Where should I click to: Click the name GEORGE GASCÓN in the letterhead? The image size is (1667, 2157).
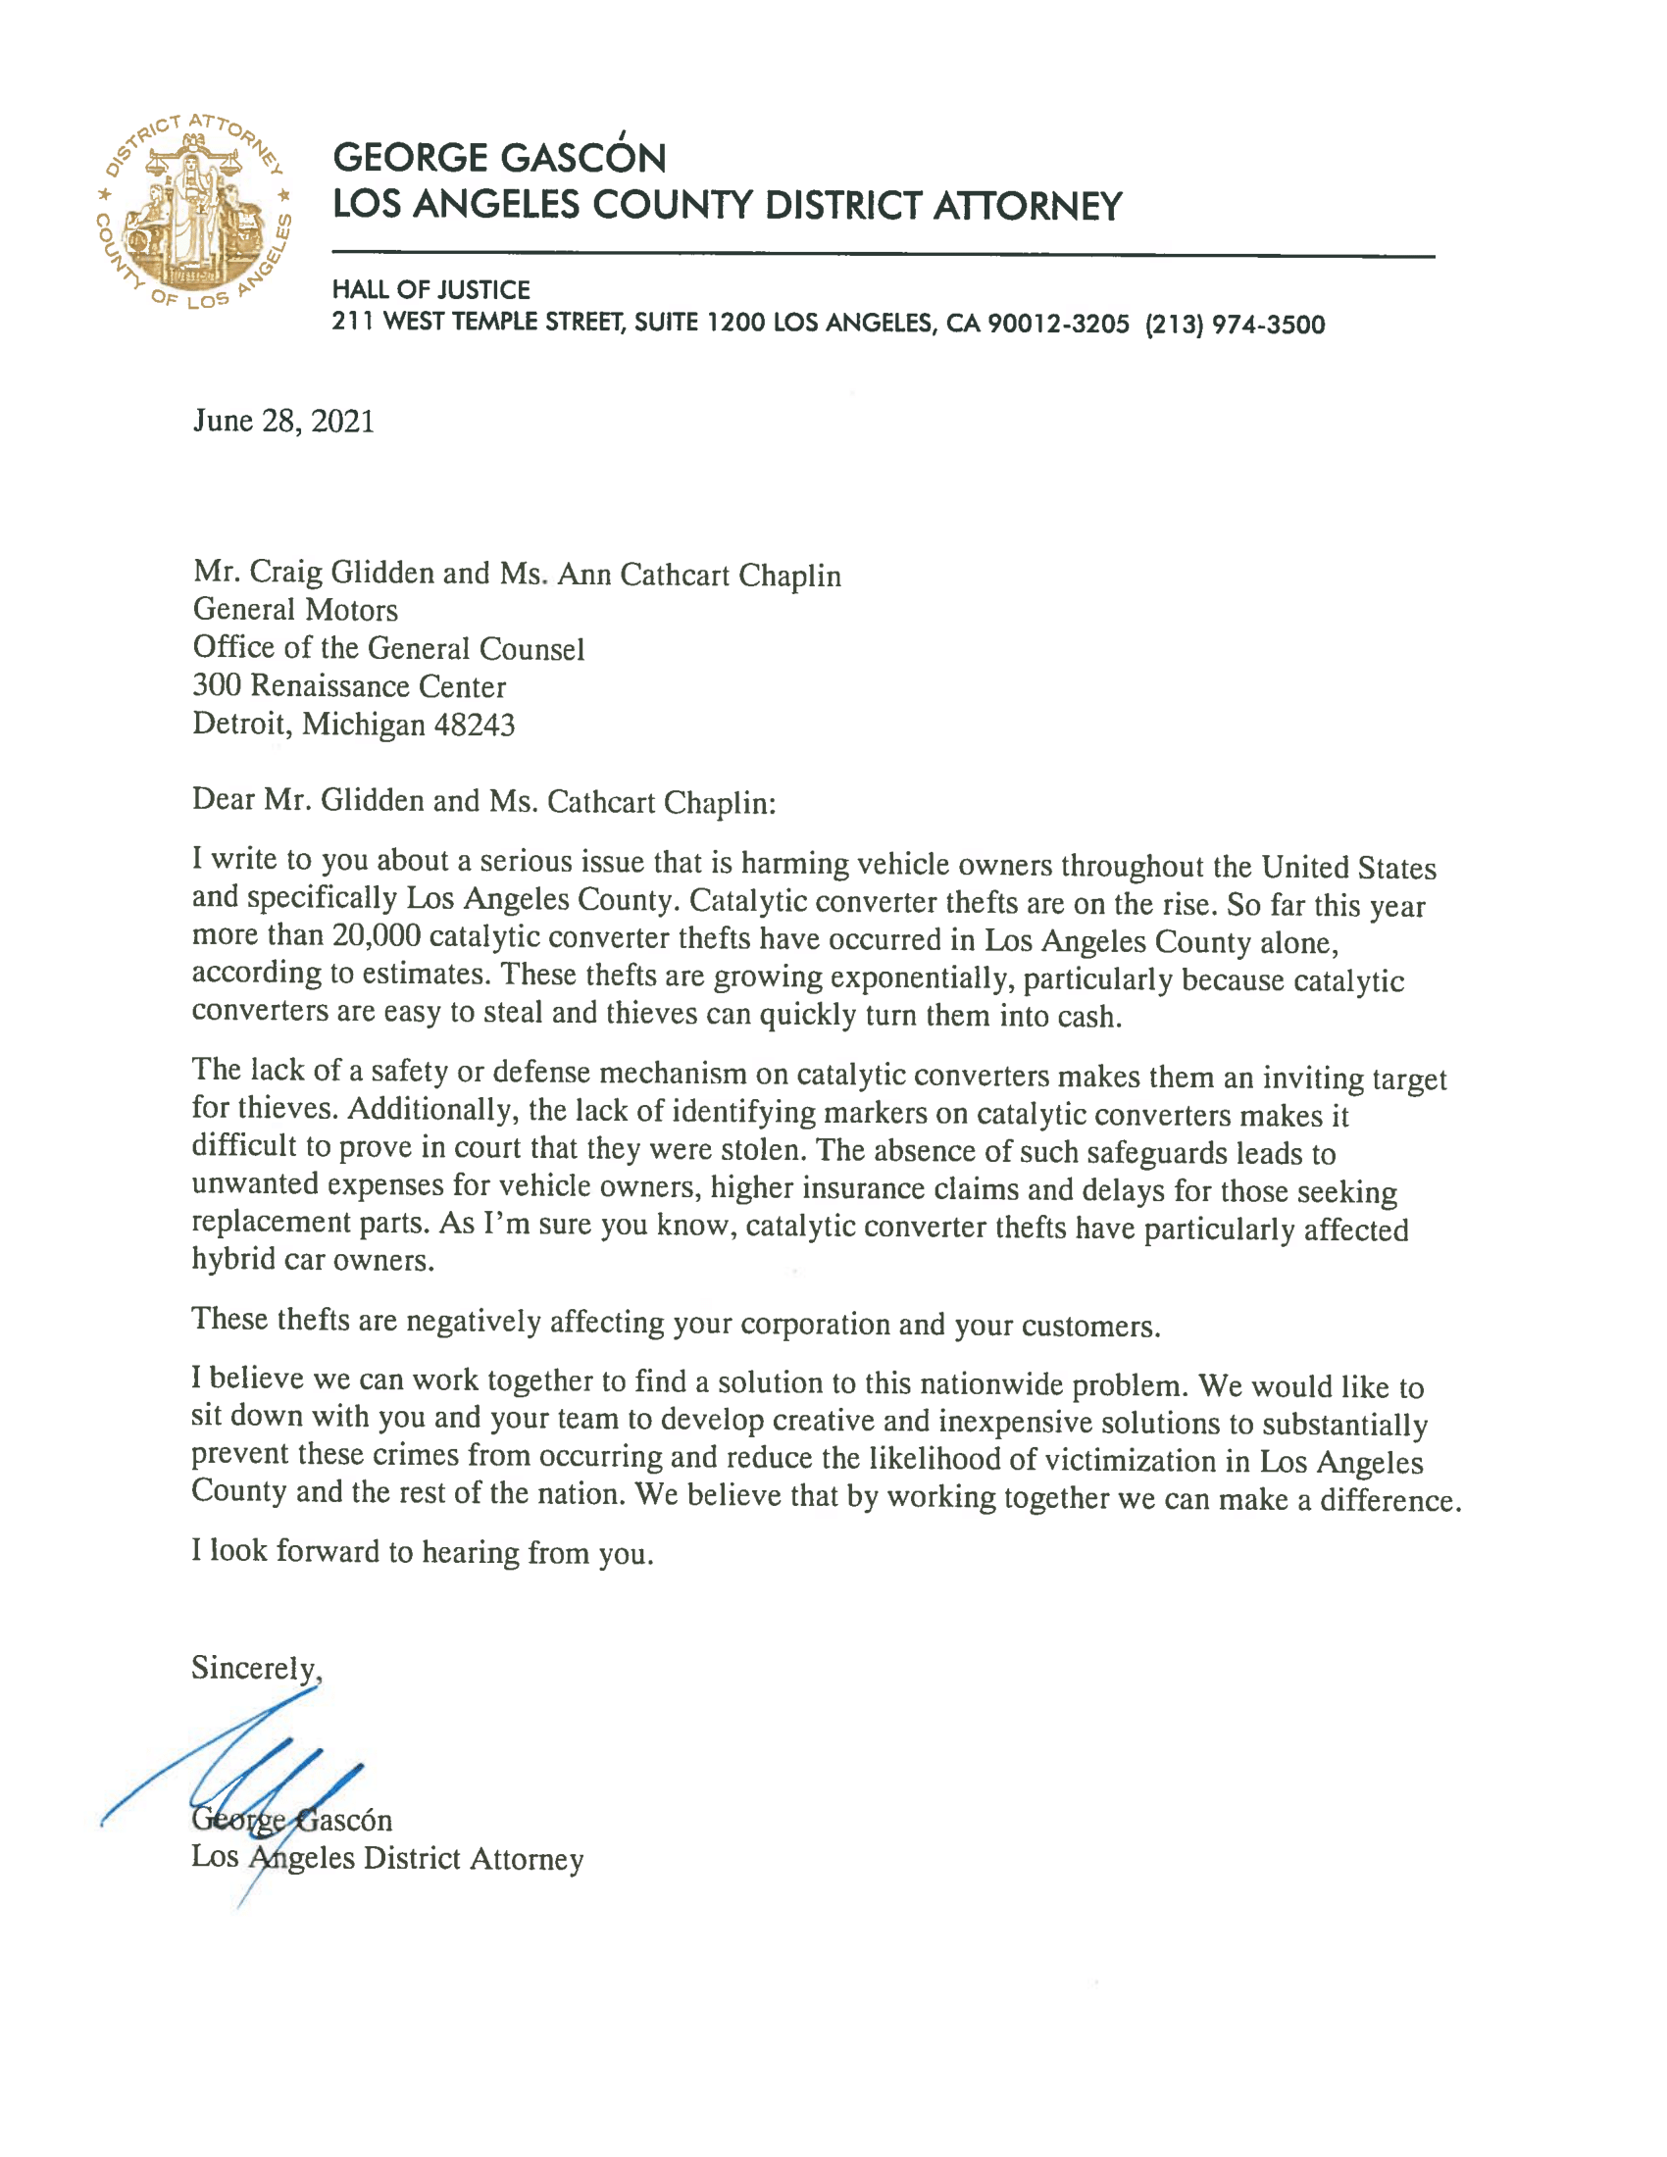pyautogui.click(x=499, y=158)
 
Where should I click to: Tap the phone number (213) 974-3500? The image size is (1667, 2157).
pyautogui.click(x=1235, y=325)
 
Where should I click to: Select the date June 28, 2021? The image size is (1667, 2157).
pyautogui.click(x=283, y=422)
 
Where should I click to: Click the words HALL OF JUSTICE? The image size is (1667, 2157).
pyautogui.click(x=430, y=289)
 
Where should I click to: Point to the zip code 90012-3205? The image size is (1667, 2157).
pyautogui.click(x=1058, y=324)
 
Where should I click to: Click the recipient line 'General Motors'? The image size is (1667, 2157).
pyautogui.click(x=295, y=611)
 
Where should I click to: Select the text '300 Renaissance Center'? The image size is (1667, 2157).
pyautogui.click(x=349, y=686)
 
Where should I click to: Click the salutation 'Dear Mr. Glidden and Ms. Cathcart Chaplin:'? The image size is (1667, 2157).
pyautogui.click(x=483, y=801)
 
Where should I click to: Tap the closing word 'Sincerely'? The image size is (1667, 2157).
pyautogui.click(x=254, y=1668)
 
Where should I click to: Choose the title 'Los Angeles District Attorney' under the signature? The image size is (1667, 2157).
pyautogui.click(x=387, y=1858)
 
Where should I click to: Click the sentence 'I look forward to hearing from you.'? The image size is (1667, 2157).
pyautogui.click(x=422, y=1552)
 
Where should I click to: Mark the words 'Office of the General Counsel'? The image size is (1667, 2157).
pyautogui.click(x=388, y=648)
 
